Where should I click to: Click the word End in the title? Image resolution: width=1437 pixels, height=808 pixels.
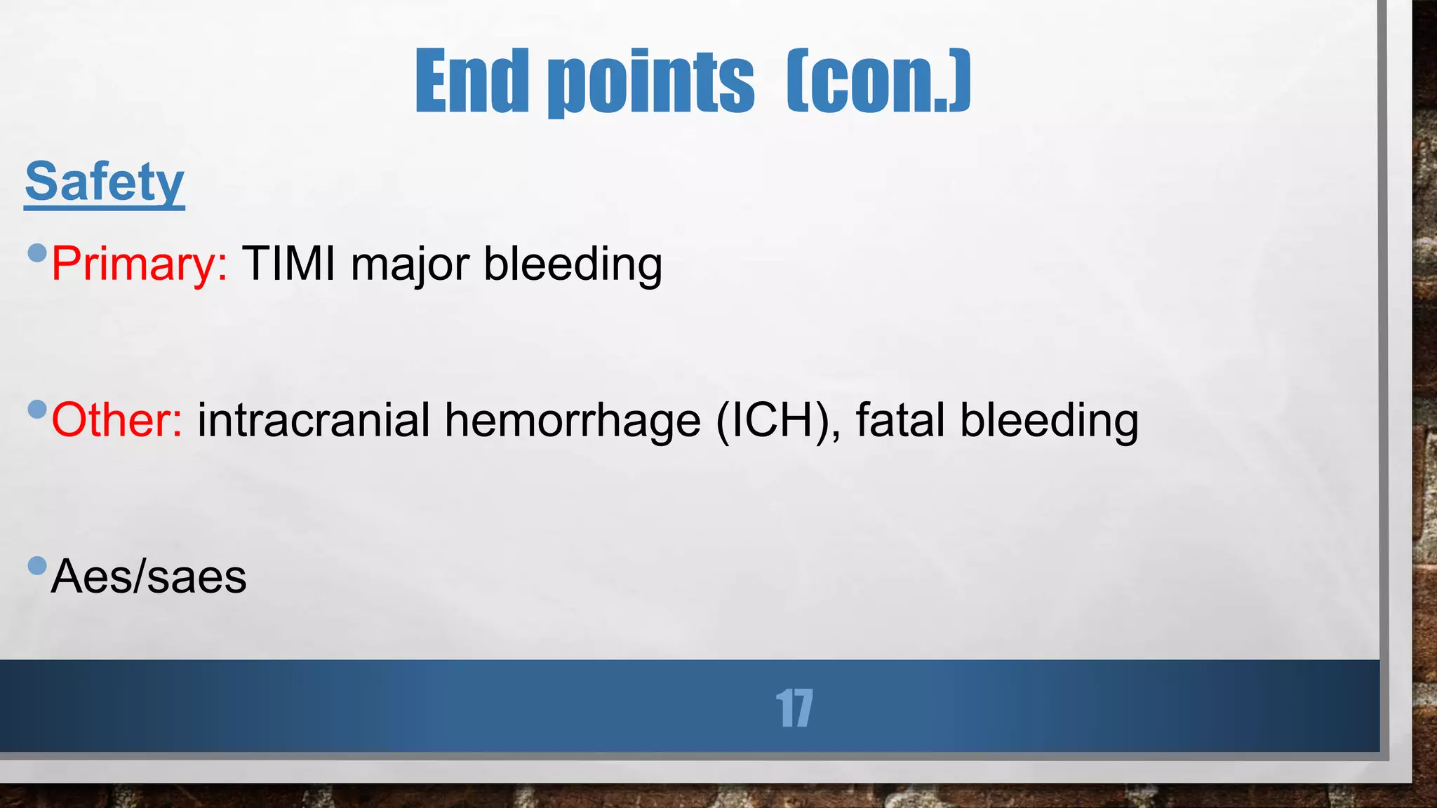pyautogui.click(x=472, y=81)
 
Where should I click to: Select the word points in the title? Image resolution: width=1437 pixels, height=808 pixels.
pyautogui.click(x=651, y=83)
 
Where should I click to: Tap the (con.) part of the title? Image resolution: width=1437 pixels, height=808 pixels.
pyautogui.click(x=878, y=81)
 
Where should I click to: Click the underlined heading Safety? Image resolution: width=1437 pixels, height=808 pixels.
pyautogui.click(x=105, y=182)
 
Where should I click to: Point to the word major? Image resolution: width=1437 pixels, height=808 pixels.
pyautogui.click(x=410, y=265)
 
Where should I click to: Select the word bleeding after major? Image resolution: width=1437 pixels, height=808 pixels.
pyautogui.click(x=573, y=265)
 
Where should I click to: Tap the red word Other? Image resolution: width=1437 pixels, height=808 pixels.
pyautogui.click(x=117, y=420)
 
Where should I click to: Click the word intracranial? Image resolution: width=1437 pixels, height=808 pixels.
pyautogui.click(x=314, y=420)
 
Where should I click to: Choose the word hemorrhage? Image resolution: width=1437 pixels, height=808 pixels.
pyautogui.click(x=573, y=422)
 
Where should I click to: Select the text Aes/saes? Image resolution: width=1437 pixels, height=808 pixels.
pyautogui.click(x=149, y=577)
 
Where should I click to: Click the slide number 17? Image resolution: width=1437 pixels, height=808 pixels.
pyautogui.click(x=794, y=708)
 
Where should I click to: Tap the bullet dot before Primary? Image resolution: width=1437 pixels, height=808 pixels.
pyautogui.click(x=37, y=252)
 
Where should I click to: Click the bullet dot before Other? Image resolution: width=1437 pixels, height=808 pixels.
pyautogui.click(x=37, y=409)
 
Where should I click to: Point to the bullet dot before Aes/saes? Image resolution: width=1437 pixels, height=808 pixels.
pyautogui.click(x=37, y=565)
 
